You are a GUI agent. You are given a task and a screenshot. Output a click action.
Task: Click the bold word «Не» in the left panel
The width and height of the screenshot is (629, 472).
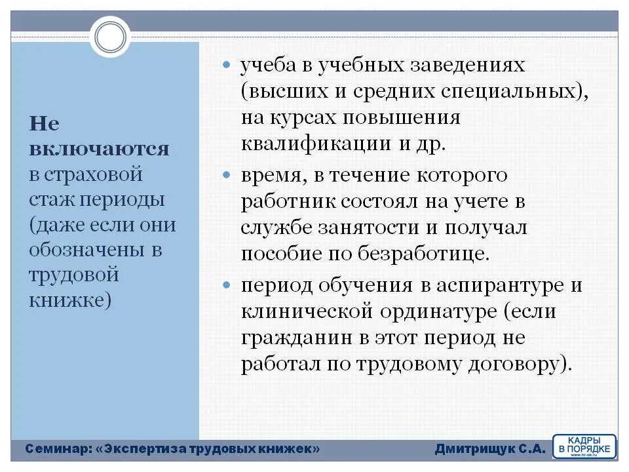(x=45, y=124)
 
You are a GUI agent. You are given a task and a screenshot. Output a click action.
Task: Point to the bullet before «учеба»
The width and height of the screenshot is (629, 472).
(x=227, y=66)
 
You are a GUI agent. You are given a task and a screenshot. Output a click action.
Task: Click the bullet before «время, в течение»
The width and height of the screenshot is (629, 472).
(x=227, y=176)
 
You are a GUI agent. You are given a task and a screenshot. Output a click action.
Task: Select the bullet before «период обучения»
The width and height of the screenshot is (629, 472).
(x=227, y=286)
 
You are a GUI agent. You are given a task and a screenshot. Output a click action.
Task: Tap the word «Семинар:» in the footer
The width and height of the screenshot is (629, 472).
(x=58, y=449)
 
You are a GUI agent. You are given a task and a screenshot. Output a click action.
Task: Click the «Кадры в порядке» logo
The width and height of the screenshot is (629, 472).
(x=584, y=446)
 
